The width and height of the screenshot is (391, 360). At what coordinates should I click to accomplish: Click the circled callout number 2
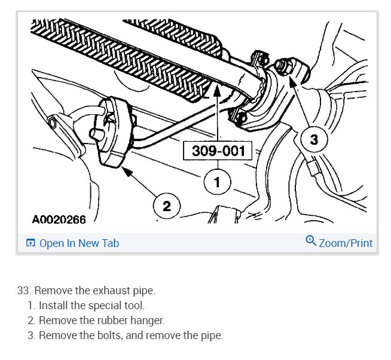[166, 206]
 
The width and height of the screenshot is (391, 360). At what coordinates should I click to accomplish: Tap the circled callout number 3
[314, 141]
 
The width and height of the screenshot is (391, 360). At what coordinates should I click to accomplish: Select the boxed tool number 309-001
[218, 151]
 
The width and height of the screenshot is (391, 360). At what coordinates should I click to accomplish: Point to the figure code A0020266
[59, 220]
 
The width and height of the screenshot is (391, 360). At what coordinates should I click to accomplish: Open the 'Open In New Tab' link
[79, 243]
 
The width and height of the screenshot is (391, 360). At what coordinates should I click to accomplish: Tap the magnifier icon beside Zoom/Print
[310, 241]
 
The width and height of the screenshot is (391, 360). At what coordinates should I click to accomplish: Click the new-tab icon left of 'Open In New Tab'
[30, 243]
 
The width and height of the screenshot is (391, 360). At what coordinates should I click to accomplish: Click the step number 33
[23, 291]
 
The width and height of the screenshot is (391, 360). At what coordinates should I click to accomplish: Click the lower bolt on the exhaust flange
[242, 117]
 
